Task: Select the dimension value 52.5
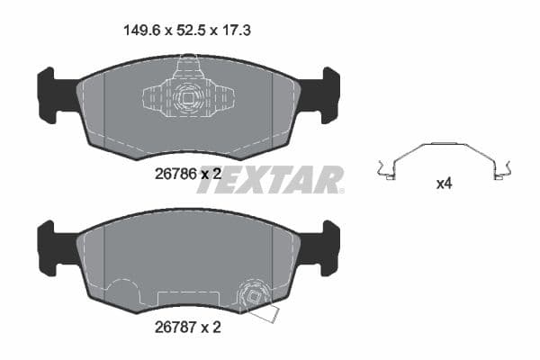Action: click(x=188, y=30)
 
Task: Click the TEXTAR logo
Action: click(x=283, y=178)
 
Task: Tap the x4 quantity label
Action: click(x=443, y=184)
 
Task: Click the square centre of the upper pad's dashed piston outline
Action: click(x=189, y=97)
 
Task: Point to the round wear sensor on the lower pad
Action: click(x=253, y=294)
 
